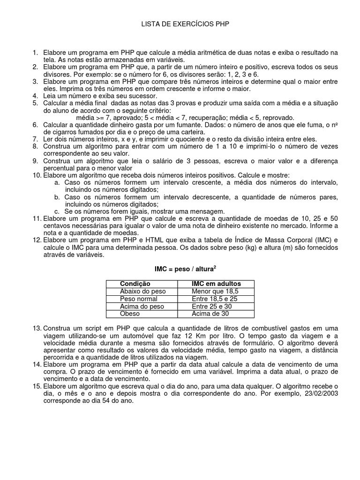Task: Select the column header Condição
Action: tap(135, 284)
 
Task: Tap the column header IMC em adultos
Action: tap(216, 284)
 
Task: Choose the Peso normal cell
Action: tap(139, 299)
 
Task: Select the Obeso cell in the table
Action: tap(130, 314)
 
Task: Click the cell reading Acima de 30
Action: tap(210, 314)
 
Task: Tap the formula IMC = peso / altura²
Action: tap(185, 269)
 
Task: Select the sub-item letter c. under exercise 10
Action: tap(57, 211)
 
